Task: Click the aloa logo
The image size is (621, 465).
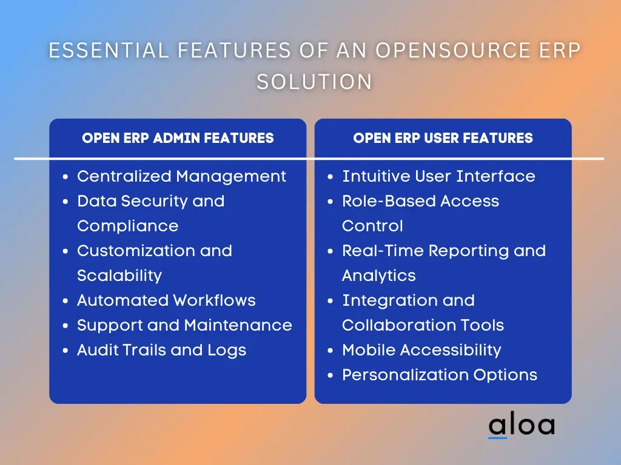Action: pos(521,425)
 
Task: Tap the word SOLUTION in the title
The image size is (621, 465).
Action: pos(315,82)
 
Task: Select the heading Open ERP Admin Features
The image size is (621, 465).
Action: pos(178,138)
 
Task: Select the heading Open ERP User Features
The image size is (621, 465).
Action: pos(443,138)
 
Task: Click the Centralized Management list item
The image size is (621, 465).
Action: pos(181,176)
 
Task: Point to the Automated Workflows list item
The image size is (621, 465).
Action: pos(166,300)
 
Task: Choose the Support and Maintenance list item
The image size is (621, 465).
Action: pos(184,325)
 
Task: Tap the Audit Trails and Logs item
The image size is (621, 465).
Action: pos(161,351)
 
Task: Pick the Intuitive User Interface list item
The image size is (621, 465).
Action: pos(439,176)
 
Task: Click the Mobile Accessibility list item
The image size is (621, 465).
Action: pos(422,351)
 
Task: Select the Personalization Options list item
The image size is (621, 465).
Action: pos(440,375)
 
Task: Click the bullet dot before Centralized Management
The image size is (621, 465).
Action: pos(65,177)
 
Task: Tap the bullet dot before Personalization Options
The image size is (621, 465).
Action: pos(331,375)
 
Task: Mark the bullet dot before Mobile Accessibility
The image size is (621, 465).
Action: pos(331,351)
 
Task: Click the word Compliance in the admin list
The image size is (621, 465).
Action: pos(128,226)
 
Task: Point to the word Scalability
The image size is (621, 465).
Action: pos(119,276)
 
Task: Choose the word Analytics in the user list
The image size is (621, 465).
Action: pos(379,276)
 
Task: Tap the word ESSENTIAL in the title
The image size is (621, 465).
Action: pos(109,51)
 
